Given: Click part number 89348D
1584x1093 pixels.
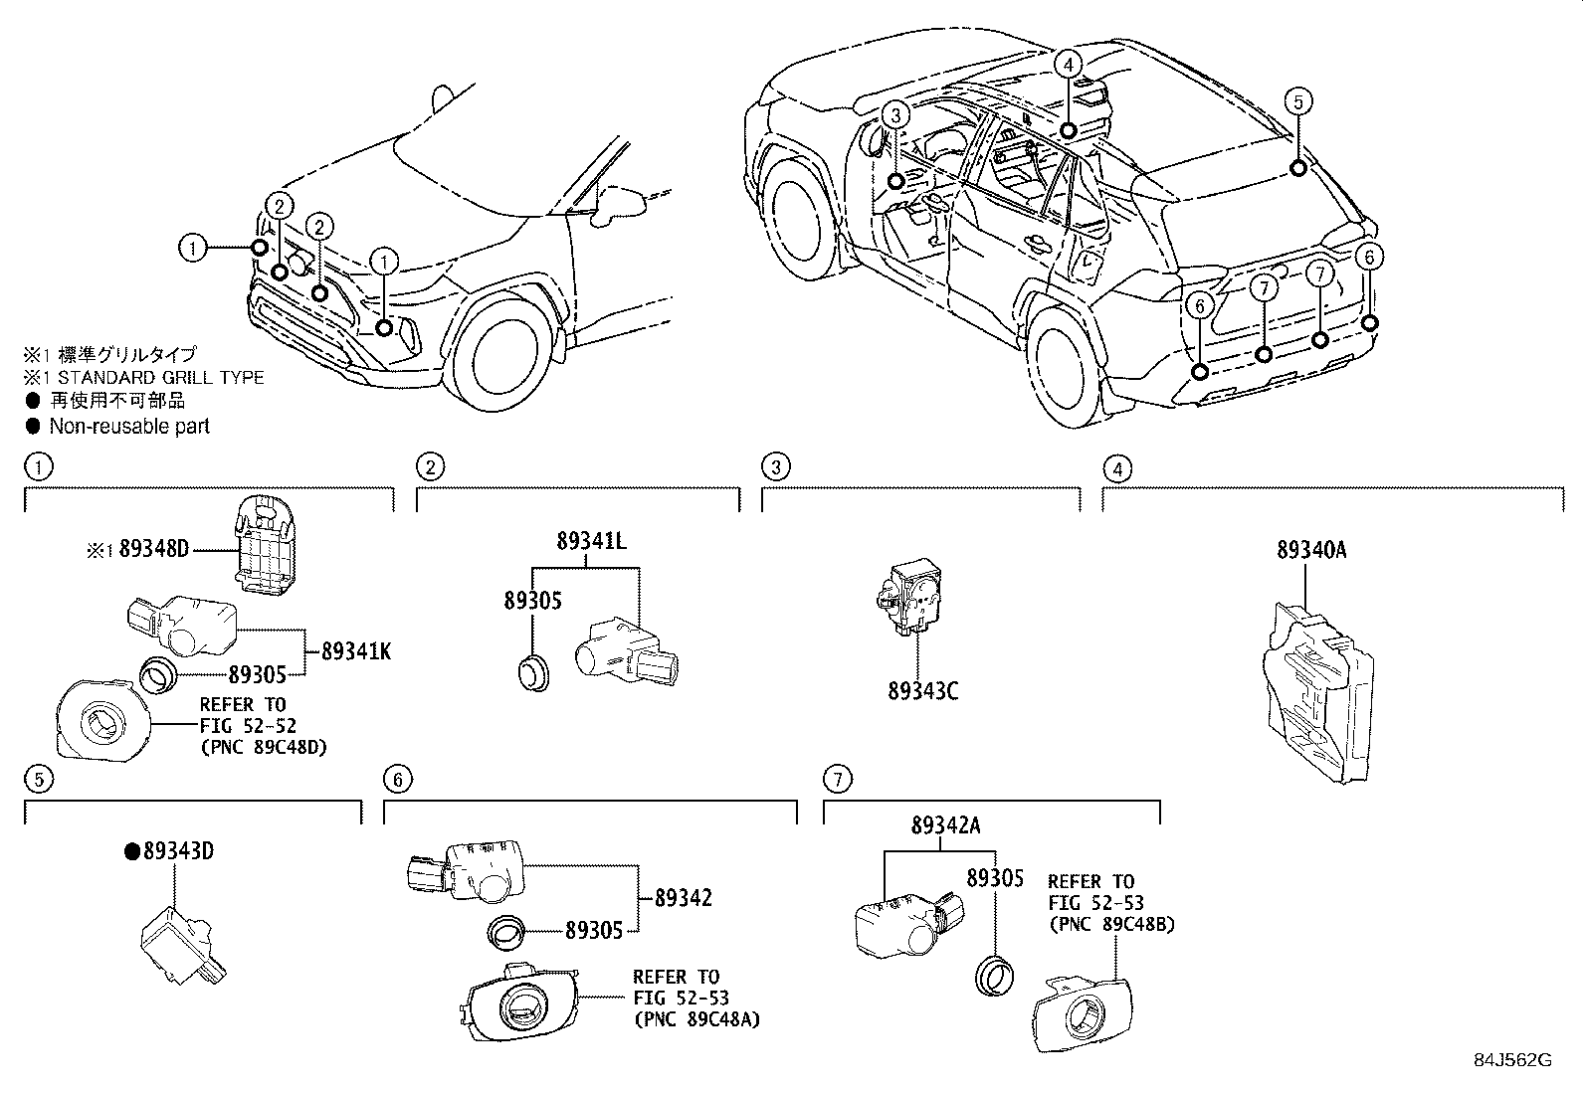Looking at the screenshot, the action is coord(153,549).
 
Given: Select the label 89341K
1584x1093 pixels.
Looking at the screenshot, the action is coord(356,651).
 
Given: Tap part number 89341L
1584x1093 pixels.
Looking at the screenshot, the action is coord(591,541).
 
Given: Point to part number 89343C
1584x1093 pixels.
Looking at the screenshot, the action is coord(922,691).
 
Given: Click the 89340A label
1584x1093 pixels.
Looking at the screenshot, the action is coord(1311,549).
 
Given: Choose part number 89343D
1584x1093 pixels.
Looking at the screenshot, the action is coord(178,851).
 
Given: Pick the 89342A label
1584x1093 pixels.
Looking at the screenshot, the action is coord(945,825).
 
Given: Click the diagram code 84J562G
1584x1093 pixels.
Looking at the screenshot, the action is coord(1512,1060).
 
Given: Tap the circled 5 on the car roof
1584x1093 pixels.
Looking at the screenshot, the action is coord(1298,101).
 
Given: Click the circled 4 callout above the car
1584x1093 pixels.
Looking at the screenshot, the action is coord(1068,65).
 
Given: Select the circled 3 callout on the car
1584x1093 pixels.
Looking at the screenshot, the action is coord(895,114).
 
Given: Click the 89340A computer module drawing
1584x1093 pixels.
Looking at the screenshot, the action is coord(1317,692).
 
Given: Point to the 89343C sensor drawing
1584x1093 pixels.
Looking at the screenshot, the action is coord(908,597).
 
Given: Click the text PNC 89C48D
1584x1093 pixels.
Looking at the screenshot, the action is coord(264,747).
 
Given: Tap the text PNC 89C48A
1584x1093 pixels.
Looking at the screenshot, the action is coord(696,1019).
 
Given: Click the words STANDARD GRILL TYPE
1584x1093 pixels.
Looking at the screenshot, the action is coord(160,378).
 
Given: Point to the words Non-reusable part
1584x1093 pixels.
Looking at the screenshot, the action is coord(129,427).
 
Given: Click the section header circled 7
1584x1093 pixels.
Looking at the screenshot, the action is coord(838,779).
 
